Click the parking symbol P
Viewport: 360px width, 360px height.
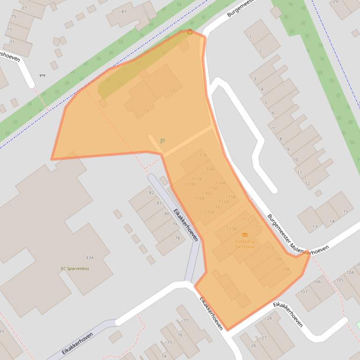[162, 141]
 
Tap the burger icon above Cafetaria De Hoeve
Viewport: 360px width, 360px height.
[245, 235]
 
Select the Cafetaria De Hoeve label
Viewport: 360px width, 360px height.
[245, 244]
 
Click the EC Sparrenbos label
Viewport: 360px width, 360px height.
[75, 268]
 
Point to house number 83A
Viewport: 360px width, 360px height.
[90, 257]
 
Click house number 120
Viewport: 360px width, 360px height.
[173, 91]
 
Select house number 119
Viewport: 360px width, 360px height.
[145, 111]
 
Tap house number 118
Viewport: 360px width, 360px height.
[203, 156]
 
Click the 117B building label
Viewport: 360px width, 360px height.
[190, 184]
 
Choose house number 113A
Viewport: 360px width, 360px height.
[231, 229]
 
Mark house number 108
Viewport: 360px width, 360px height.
[286, 269]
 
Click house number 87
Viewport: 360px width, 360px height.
[124, 12]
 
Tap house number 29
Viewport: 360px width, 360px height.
[335, 2]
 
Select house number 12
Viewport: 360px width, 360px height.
[307, 183]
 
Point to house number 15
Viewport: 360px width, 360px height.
[345, 211]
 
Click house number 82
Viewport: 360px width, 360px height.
[151, 193]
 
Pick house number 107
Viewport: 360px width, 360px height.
[304, 292]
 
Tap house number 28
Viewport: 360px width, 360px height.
[269, 318]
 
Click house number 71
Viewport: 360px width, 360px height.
[12, 42]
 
